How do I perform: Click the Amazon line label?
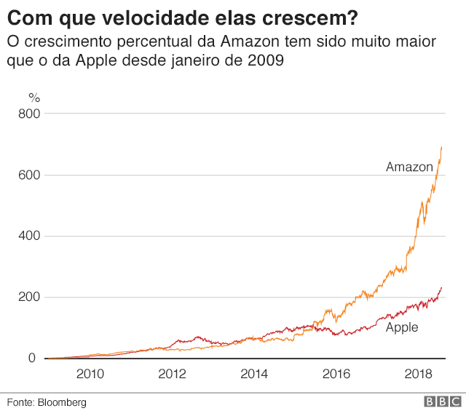coord(409,167)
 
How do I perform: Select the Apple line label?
coord(402,327)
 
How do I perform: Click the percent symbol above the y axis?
coord(33,97)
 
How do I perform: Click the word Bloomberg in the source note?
coord(62,402)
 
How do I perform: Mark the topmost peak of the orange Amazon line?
coord(442,146)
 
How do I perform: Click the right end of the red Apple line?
coord(442,287)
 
